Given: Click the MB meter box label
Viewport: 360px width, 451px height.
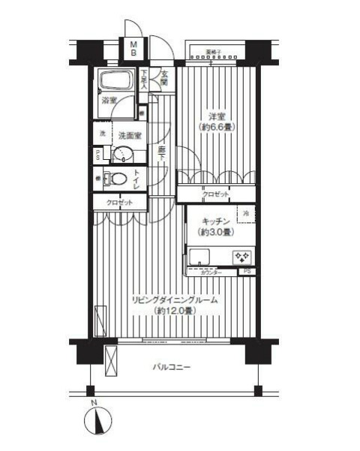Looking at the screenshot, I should [x=134, y=49].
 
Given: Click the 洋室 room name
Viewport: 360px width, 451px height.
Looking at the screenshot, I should [x=217, y=116].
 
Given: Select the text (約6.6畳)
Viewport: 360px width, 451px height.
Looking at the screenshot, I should [x=217, y=128].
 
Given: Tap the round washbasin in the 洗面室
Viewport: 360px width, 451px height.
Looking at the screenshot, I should [x=121, y=155].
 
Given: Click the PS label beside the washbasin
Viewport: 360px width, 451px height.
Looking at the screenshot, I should [x=98, y=155].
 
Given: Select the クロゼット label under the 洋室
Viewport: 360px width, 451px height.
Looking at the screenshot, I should [x=217, y=194].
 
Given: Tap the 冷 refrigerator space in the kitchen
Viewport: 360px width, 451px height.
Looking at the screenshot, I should [x=246, y=214].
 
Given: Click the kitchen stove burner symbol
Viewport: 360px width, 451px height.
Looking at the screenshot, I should [x=244, y=257].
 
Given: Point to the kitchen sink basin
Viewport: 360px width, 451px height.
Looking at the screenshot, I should [x=202, y=258].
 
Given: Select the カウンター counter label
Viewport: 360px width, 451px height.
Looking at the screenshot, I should [x=211, y=272].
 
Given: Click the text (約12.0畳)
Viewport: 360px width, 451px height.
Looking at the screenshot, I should [x=174, y=310].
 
